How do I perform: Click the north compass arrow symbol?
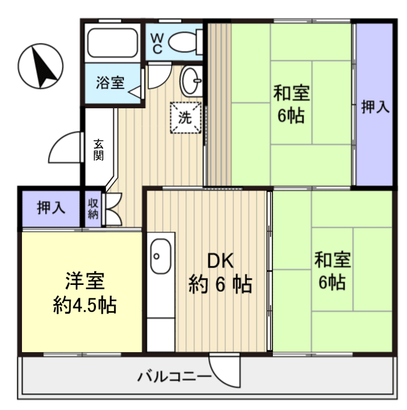point(41,66)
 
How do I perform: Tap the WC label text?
point(157,43)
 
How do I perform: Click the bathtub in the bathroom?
point(112,42)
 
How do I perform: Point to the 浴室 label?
point(110,82)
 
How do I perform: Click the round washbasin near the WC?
point(190,80)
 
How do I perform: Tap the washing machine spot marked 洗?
point(185,116)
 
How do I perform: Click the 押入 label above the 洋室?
point(51,208)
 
